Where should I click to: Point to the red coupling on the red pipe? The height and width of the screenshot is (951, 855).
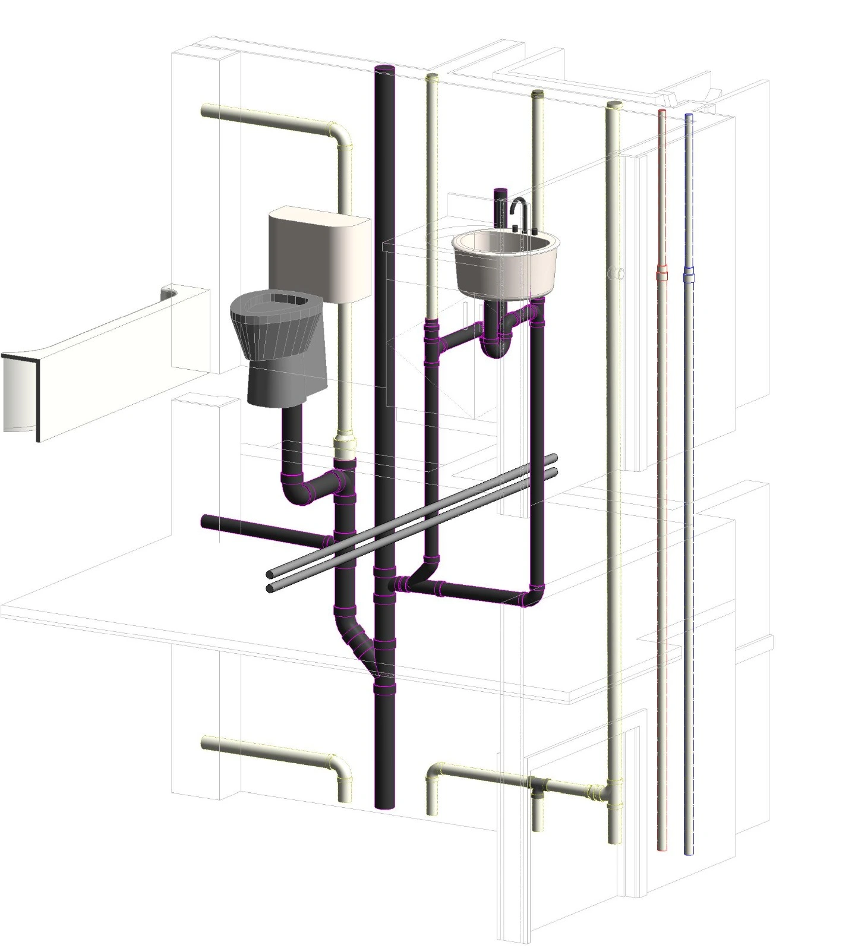click(661, 275)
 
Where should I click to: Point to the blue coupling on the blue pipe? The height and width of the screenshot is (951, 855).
click(689, 275)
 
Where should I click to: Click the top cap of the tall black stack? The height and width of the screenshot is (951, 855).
click(386, 70)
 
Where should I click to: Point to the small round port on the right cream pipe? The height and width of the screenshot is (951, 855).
click(618, 273)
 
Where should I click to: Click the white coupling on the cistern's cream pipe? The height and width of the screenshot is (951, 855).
click(345, 446)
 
